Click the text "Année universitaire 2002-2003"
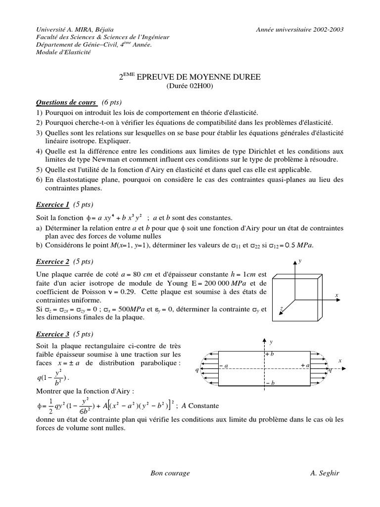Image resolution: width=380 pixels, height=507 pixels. click(300, 29)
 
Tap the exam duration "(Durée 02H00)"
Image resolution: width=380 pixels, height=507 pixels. click(190, 86)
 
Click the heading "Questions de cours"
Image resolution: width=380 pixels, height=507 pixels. click(67, 102)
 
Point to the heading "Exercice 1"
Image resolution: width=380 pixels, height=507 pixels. click(53, 204)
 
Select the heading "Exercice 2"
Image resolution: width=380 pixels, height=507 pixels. click(53, 261)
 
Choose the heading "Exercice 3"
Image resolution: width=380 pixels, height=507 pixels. click(53, 334)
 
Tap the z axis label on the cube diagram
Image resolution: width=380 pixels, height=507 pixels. click(281, 308)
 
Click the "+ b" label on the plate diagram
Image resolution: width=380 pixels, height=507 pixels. click(270, 355)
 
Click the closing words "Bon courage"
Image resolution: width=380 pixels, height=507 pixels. click(170, 473)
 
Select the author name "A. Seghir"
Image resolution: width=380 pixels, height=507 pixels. click(325, 473)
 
